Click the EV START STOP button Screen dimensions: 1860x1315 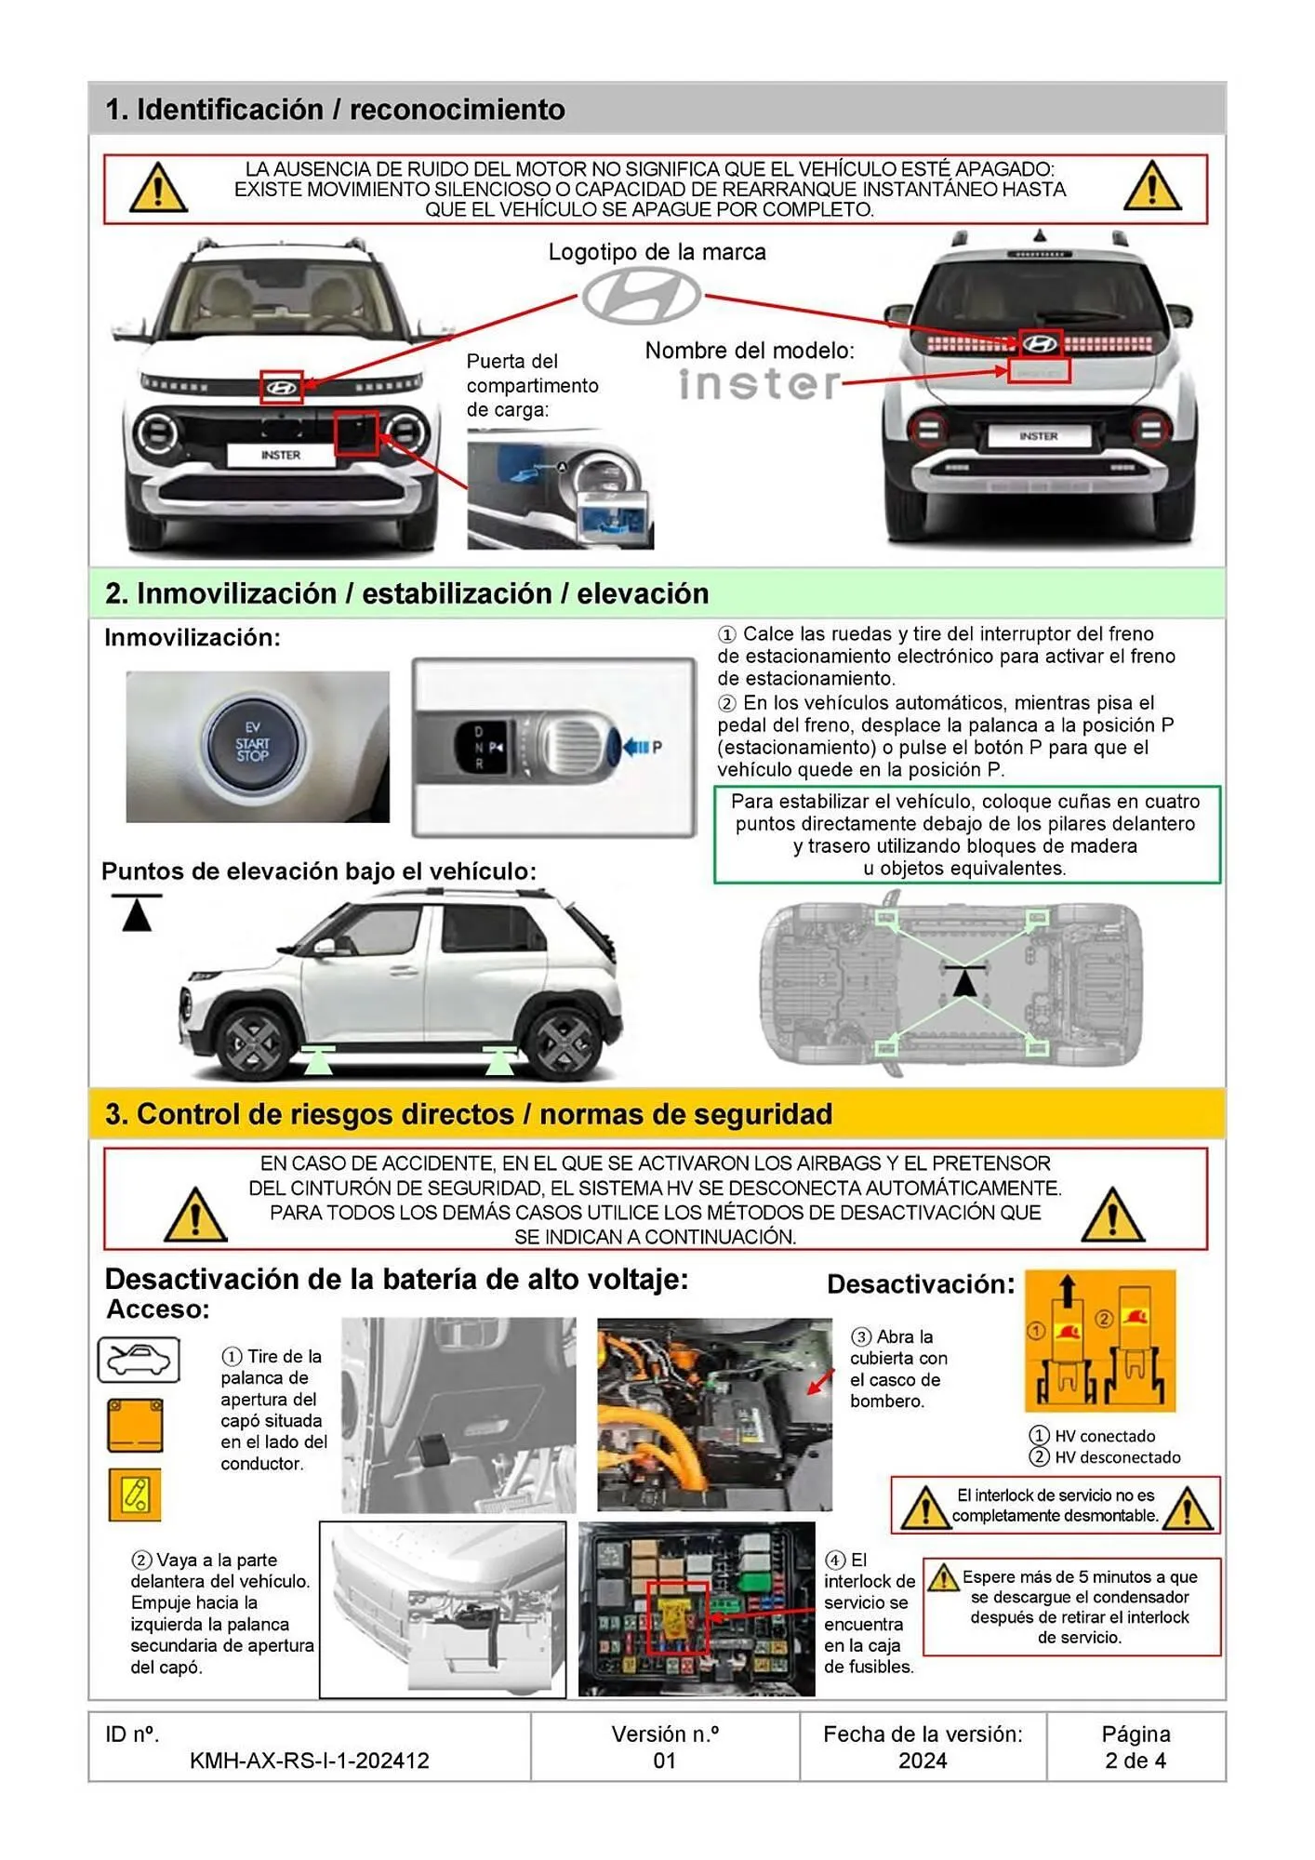[253, 744]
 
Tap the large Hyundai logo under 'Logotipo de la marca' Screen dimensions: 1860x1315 [642, 295]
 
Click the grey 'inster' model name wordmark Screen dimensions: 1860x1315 [759, 384]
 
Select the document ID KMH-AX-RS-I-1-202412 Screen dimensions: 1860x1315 [309, 1760]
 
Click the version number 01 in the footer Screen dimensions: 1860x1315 [664, 1760]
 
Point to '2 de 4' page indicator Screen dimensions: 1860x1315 [1135, 1760]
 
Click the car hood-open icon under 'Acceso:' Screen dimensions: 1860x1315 [139, 1361]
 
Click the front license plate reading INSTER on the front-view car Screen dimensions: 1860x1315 [280, 455]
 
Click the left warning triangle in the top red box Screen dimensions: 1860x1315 [158, 188]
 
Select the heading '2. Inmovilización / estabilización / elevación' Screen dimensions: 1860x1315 [406, 593]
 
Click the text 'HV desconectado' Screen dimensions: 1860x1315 [1117, 1457]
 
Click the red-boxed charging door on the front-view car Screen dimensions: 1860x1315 [356, 433]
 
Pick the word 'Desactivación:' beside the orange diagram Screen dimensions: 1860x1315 [920, 1284]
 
